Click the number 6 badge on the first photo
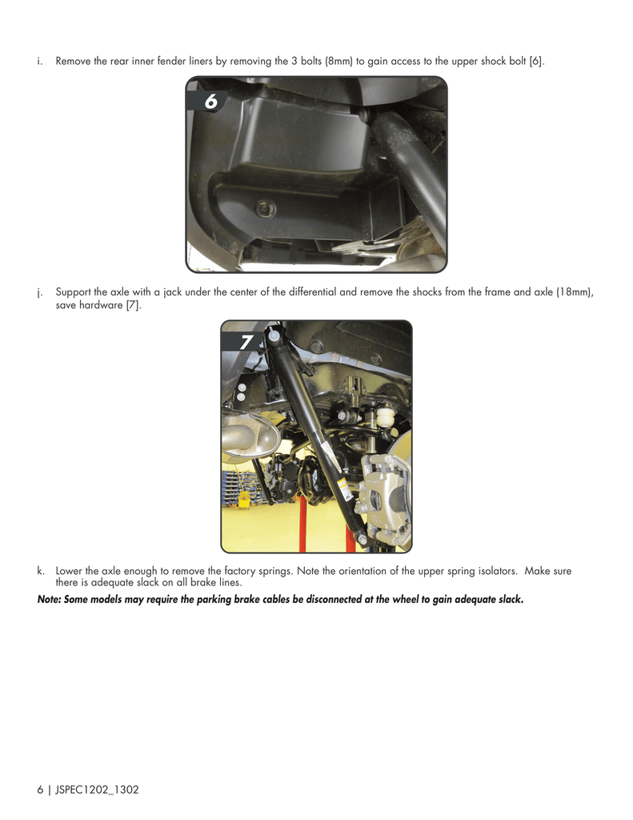click(210, 102)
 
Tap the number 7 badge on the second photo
click(245, 342)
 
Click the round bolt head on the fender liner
click(262, 210)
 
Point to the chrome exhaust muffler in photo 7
click(249, 437)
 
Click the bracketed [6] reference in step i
click(536, 61)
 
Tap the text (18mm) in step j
click(575, 291)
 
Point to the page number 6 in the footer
click(40, 790)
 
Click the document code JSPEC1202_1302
click(97, 790)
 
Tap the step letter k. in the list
click(40, 571)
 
